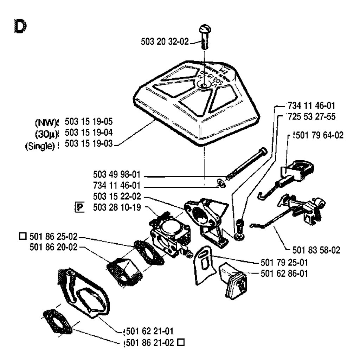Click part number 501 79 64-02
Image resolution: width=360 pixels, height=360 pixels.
(319, 135)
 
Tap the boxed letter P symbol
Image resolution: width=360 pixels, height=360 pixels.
(81, 207)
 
